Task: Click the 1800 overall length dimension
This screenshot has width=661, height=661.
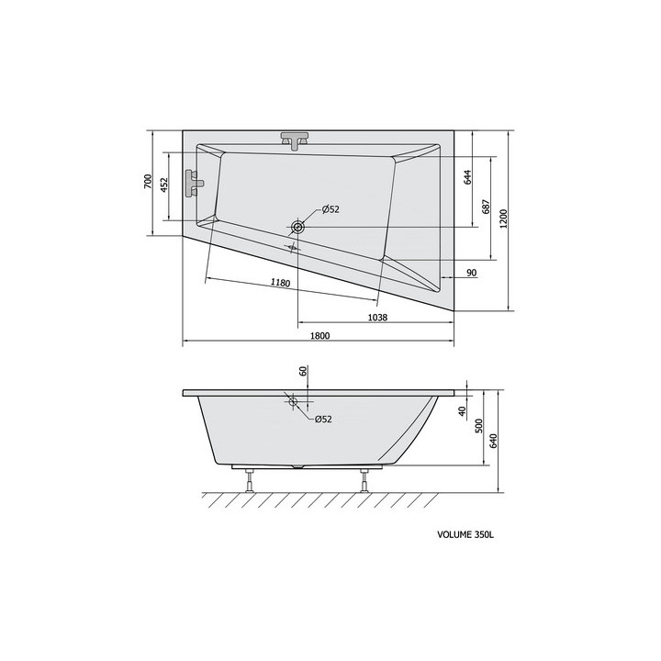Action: [x=319, y=336]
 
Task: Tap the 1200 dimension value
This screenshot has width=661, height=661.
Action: [x=505, y=218]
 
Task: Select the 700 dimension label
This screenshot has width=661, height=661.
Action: [x=148, y=181]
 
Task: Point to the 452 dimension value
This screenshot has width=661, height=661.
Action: [x=164, y=185]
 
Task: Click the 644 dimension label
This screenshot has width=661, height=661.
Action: [x=467, y=177]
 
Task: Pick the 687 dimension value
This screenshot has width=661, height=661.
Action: [x=486, y=207]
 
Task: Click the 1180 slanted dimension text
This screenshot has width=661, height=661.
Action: [x=280, y=282]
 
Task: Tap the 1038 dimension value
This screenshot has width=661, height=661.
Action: [x=377, y=318]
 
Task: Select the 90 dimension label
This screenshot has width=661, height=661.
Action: [x=472, y=273]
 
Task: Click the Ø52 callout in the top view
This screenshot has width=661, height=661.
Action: [x=330, y=209]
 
